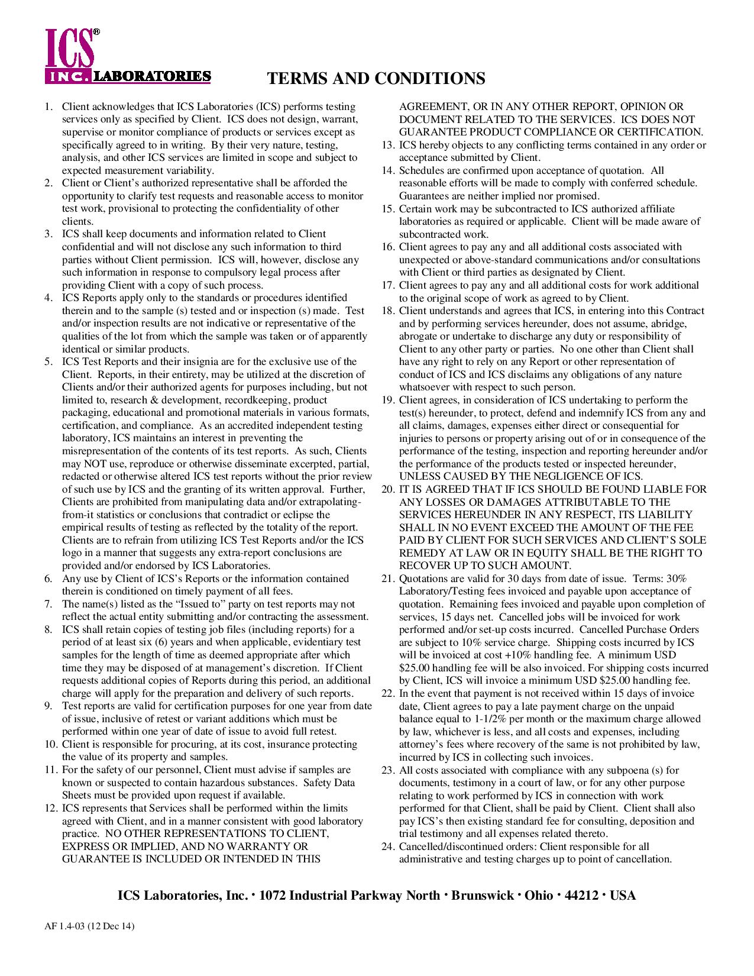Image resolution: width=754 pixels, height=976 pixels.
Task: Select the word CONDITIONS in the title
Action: point(426,79)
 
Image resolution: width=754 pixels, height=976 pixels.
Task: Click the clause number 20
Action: point(387,489)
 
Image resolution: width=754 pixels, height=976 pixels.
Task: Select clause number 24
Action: point(387,846)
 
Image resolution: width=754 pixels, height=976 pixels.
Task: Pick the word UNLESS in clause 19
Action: point(418,476)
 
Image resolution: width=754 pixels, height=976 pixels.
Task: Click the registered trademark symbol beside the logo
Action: point(96,34)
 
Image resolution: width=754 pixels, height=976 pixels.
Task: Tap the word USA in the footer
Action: point(623,896)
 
